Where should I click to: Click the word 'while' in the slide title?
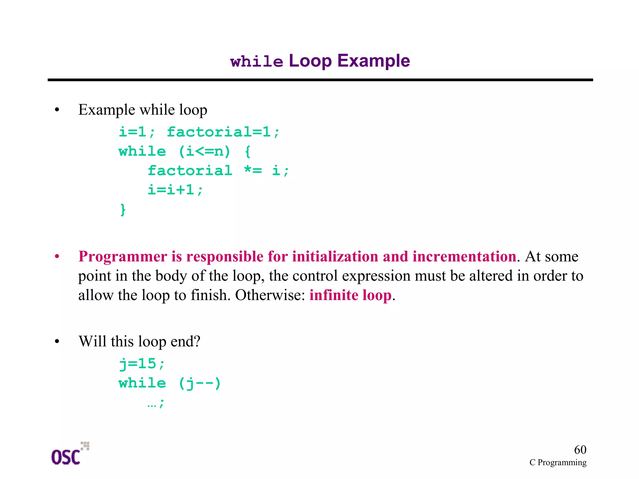pyautogui.click(x=256, y=62)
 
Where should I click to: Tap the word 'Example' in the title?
pyautogui.click(x=373, y=61)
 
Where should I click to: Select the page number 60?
pyautogui.click(x=580, y=450)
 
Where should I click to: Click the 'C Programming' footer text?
pyautogui.click(x=558, y=462)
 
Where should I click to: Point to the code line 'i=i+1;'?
pyautogui.click(x=175, y=190)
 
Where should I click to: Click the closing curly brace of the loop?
pyautogui.click(x=123, y=210)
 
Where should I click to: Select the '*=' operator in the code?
pyautogui.click(x=253, y=170)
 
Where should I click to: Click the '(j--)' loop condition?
pyautogui.click(x=200, y=383)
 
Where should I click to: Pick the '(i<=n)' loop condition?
pyautogui.click(x=204, y=152)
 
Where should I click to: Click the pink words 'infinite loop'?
pyautogui.click(x=350, y=295)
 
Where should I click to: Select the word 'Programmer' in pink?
pyautogui.click(x=123, y=257)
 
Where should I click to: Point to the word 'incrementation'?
pyautogui.click(x=464, y=257)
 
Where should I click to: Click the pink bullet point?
pyautogui.click(x=57, y=257)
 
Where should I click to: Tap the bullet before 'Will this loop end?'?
pyautogui.click(x=57, y=342)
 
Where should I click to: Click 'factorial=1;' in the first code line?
pyautogui.click(x=223, y=132)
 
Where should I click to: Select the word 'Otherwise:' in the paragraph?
pyautogui.click(x=270, y=295)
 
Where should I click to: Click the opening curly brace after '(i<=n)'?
pyautogui.click(x=247, y=152)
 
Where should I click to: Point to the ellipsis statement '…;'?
pyautogui.click(x=155, y=403)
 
